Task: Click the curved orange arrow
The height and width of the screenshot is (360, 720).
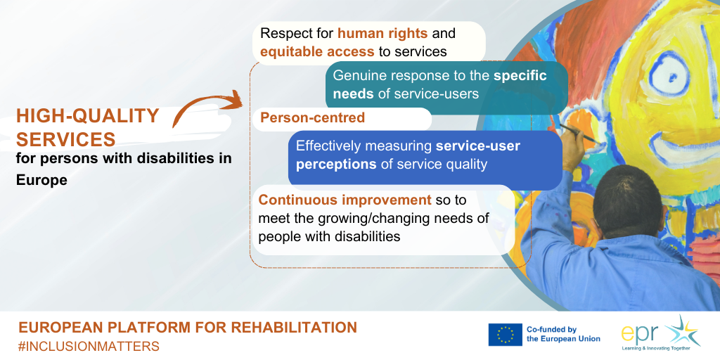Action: [202, 102]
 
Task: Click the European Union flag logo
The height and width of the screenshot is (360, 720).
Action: [505, 334]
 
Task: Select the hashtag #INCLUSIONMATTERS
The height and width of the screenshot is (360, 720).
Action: [89, 346]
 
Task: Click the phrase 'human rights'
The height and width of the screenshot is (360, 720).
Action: [382, 34]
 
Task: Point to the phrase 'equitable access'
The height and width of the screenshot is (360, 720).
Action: [317, 51]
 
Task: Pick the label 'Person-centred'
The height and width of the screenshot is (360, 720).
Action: [312, 117]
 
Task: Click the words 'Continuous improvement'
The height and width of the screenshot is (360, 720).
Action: [345, 200]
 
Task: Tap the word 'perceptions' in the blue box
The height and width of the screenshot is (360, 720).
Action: [336, 165]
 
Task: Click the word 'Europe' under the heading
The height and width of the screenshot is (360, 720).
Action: [41, 180]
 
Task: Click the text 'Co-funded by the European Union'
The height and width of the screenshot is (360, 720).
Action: [563, 334]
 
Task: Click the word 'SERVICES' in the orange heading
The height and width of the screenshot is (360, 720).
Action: [65, 139]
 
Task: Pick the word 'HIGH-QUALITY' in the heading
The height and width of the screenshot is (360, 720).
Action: [88, 116]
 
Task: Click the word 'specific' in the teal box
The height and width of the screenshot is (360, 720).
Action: [520, 76]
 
